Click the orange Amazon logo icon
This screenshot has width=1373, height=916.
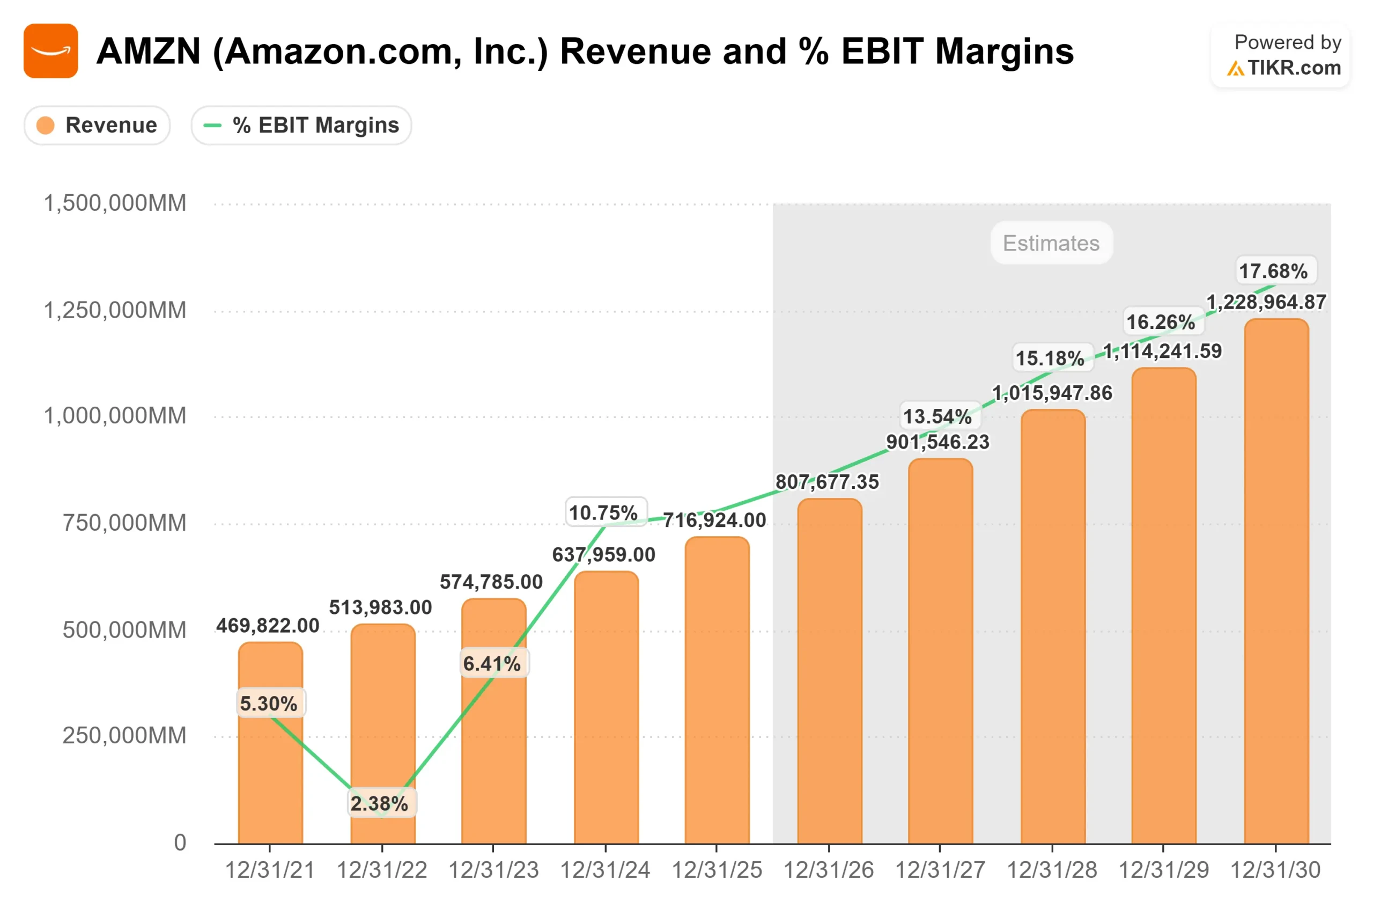(x=51, y=51)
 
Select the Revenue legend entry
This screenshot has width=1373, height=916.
(x=98, y=126)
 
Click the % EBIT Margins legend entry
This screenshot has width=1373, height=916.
(x=301, y=126)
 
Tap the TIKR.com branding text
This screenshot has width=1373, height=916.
(x=1294, y=68)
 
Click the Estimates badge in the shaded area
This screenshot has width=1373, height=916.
(x=1051, y=243)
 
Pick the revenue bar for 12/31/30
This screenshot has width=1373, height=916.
(x=1276, y=584)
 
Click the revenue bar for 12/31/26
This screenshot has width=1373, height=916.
(x=830, y=672)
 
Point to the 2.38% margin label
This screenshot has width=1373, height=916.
(x=379, y=804)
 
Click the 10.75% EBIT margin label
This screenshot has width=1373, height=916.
(x=603, y=513)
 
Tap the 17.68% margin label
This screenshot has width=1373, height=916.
(x=1273, y=271)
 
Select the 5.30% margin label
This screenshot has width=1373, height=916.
(x=269, y=704)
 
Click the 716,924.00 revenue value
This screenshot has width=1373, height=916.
(x=714, y=520)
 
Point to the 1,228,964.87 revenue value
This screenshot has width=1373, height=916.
(x=1266, y=302)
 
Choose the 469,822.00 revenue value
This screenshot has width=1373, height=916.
(x=268, y=626)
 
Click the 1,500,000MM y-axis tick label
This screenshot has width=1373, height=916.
(x=115, y=203)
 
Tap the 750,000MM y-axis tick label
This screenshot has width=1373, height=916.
(x=124, y=523)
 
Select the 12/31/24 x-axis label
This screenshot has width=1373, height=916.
(x=606, y=870)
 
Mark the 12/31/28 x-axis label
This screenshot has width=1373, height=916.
(x=1052, y=870)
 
